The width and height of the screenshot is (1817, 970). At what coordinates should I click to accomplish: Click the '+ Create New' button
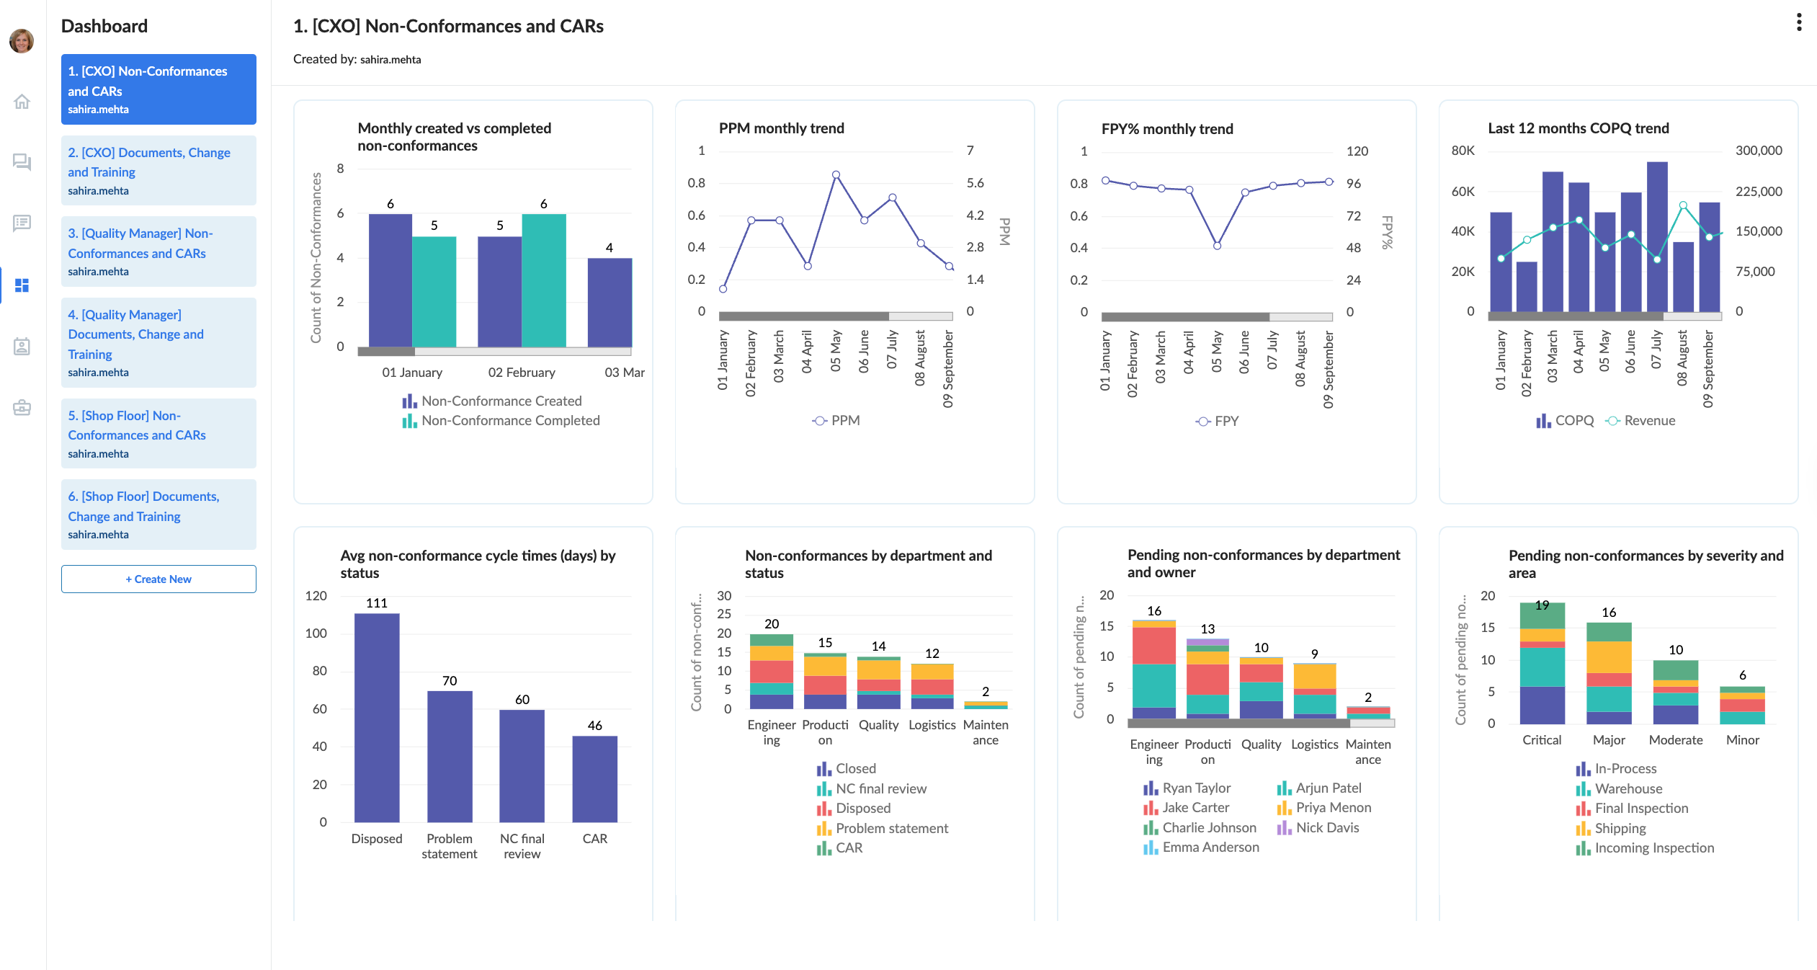(159, 579)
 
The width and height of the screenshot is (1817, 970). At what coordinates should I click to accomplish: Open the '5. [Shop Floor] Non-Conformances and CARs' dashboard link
(159, 433)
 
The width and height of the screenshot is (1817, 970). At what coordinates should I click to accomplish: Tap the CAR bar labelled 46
(594, 778)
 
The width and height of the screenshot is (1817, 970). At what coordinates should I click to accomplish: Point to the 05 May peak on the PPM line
(836, 175)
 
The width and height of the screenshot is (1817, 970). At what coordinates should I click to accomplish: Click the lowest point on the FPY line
(1217, 246)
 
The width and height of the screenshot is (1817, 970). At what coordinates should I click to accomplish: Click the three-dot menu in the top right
(1799, 23)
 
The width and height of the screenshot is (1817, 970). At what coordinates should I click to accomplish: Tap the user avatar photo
(22, 40)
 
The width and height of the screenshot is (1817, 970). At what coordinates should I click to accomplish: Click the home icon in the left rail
(22, 102)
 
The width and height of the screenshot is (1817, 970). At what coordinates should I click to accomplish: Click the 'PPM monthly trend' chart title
(781, 128)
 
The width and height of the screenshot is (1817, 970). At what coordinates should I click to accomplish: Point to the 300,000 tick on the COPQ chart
(1758, 151)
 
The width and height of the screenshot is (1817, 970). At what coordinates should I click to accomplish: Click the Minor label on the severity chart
(1742, 740)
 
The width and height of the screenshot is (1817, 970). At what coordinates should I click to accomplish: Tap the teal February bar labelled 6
(544, 280)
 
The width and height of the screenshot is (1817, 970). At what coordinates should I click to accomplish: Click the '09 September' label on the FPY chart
(1329, 370)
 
